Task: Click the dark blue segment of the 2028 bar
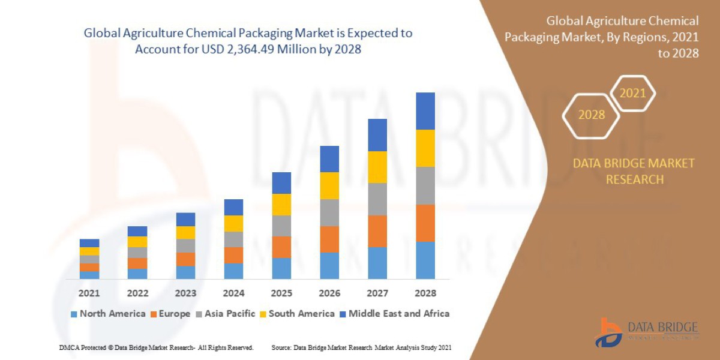(425, 111)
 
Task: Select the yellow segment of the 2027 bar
(377, 167)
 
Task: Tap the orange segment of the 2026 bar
(329, 239)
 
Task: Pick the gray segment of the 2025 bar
(281, 226)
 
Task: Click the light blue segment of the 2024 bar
(233, 271)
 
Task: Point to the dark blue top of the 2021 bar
(89, 243)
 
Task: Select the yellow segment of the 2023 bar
(185, 232)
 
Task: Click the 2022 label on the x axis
(137, 293)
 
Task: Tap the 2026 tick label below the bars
(329, 293)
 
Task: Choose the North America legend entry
(108, 313)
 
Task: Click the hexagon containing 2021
(632, 94)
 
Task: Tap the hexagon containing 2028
(591, 115)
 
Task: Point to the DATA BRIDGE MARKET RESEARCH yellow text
(634, 171)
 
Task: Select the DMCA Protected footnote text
(156, 347)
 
